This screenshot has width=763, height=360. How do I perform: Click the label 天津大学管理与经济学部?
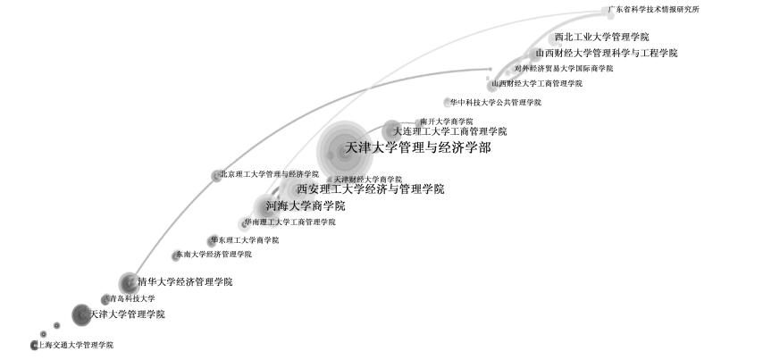(x=418, y=147)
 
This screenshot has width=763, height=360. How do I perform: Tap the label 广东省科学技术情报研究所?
(x=654, y=10)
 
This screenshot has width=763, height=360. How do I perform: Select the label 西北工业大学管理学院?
(x=601, y=38)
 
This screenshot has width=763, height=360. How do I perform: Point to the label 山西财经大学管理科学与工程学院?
(x=606, y=54)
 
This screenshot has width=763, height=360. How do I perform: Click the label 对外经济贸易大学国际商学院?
(x=564, y=68)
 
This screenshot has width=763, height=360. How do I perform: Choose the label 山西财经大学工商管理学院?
(x=536, y=83)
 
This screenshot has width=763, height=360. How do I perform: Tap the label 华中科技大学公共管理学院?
(x=495, y=103)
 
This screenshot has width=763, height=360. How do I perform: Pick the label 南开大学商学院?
(x=446, y=121)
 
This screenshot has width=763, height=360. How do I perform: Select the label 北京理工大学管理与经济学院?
(x=269, y=174)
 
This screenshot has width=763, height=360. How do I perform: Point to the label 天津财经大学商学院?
(x=368, y=180)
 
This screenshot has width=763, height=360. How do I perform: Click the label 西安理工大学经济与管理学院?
(x=370, y=189)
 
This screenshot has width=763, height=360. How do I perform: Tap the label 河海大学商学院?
(x=305, y=206)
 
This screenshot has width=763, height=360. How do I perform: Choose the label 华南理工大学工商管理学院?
(x=289, y=222)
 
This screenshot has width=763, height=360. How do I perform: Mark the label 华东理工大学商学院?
(x=244, y=240)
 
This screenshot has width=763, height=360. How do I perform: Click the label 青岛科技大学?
(x=131, y=298)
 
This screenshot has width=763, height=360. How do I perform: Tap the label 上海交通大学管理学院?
(x=74, y=345)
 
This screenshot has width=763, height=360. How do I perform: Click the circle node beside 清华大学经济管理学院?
(x=128, y=281)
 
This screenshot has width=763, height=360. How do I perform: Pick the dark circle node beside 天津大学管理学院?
(x=81, y=314)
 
